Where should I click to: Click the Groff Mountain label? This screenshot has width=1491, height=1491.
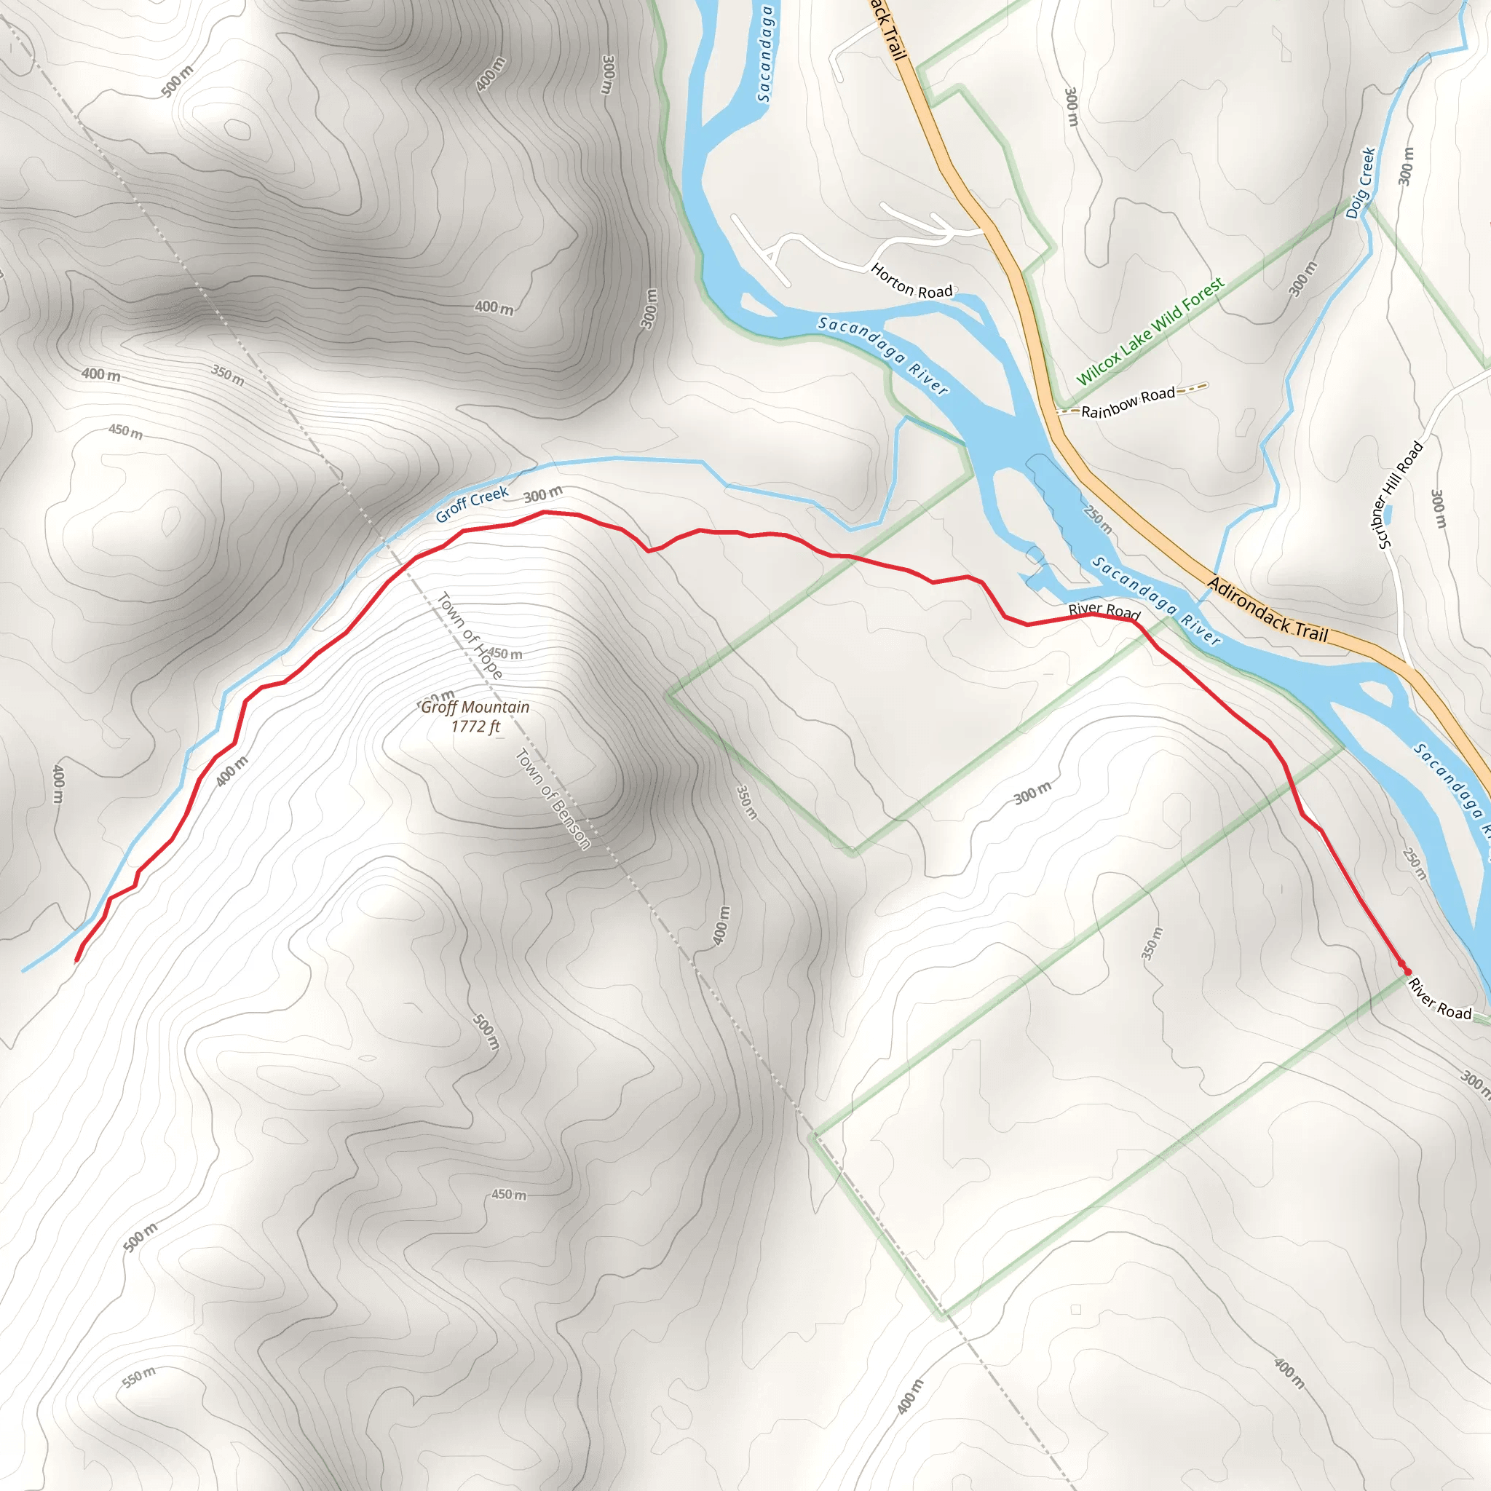click(x=475, y=707)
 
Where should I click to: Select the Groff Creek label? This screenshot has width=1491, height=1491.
click(x=472, y=504)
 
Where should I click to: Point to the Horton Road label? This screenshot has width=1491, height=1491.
click(x=911, y=281)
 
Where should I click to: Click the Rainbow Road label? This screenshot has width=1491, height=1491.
click(x=1128, y=403)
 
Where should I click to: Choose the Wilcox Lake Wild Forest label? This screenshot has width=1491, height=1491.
click(x=1150, y=331)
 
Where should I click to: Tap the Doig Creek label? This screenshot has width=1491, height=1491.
click(x=1361, y=183)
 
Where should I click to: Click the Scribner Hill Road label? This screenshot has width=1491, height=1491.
click(x=1400, y=494)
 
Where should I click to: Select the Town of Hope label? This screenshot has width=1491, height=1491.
click(x=470, y=635)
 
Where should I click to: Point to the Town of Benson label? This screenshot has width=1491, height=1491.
click(x=553, y=799)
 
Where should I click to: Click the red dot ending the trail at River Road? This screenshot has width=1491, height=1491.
click(x=1407, y=971)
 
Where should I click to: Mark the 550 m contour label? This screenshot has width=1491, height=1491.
click(x=140, y=1376)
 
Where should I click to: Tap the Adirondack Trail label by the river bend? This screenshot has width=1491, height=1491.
click(x=1267, y=610)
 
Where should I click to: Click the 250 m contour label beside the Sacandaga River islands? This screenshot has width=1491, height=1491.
click(x=1097, y=519)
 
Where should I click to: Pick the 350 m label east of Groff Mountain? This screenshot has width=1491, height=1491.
click(x=746, y=802)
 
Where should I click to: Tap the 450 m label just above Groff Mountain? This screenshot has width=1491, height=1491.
click(x=505, y=654)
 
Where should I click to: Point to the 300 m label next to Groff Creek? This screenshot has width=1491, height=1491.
click(x=543, y=494)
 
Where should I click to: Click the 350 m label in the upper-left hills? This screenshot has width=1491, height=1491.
click(x=229, y=375)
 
